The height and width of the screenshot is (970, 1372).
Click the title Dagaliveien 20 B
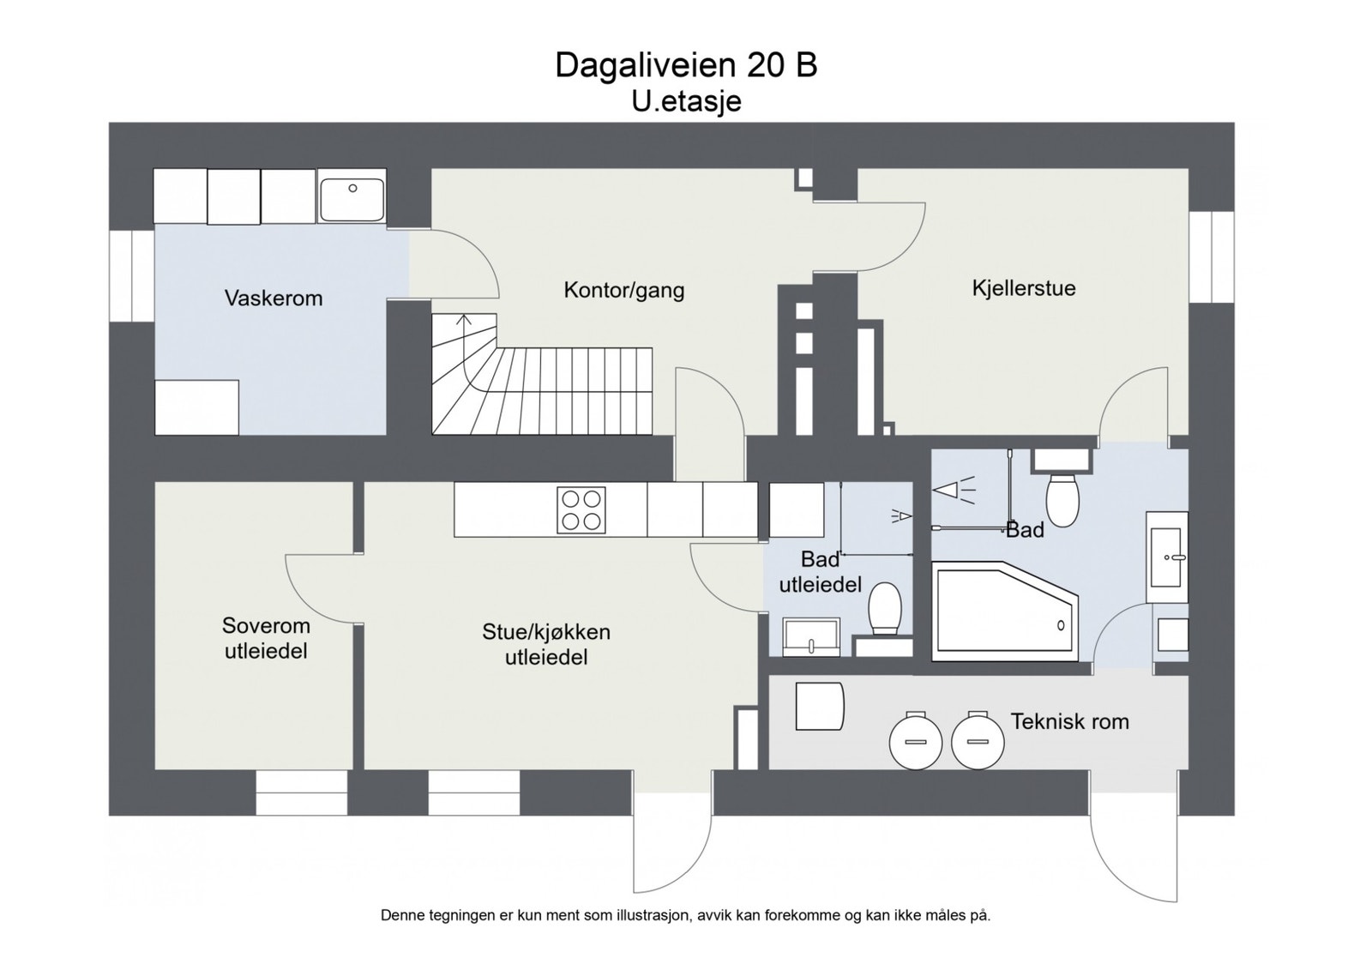(685, 65)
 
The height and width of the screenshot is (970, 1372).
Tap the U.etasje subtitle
(685, 101)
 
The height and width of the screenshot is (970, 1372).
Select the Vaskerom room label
(273, 298)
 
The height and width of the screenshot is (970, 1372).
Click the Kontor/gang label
(623, 290)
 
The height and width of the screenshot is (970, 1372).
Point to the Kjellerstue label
(1023, 288)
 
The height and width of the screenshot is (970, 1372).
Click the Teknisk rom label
(1068, 721)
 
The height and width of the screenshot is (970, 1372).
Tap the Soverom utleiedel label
(266, 638)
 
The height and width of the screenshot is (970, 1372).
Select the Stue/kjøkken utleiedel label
(545, 644)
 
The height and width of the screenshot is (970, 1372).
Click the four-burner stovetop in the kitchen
(581, 509)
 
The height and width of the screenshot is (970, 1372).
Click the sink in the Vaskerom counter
(352, 196)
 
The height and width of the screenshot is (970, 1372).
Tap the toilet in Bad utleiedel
(884, 607)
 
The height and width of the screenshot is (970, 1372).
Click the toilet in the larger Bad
(1062, 500)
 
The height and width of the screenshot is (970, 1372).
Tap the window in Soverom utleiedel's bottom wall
(301, 792)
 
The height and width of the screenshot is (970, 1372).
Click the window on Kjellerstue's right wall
(1211, 256)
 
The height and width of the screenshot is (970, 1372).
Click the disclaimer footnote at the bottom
(685, 915)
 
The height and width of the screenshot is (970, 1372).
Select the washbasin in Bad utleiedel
(810, 637)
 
